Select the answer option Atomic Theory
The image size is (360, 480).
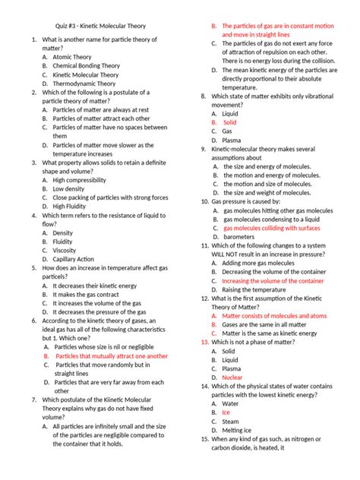click(74, 57)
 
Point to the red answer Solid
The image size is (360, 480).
click(229, 122)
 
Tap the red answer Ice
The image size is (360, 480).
click(225, 412)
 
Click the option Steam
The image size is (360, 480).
click(230, 422)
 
